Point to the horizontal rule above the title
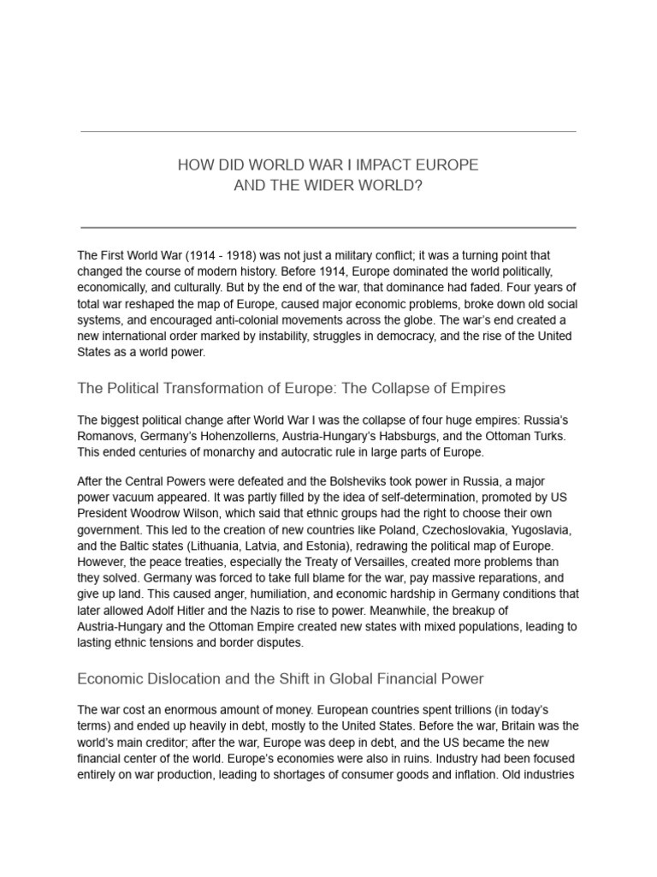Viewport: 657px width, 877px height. [328, 132]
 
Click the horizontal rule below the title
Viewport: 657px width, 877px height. [328, 228]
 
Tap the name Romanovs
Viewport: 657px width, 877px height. [109, 436]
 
